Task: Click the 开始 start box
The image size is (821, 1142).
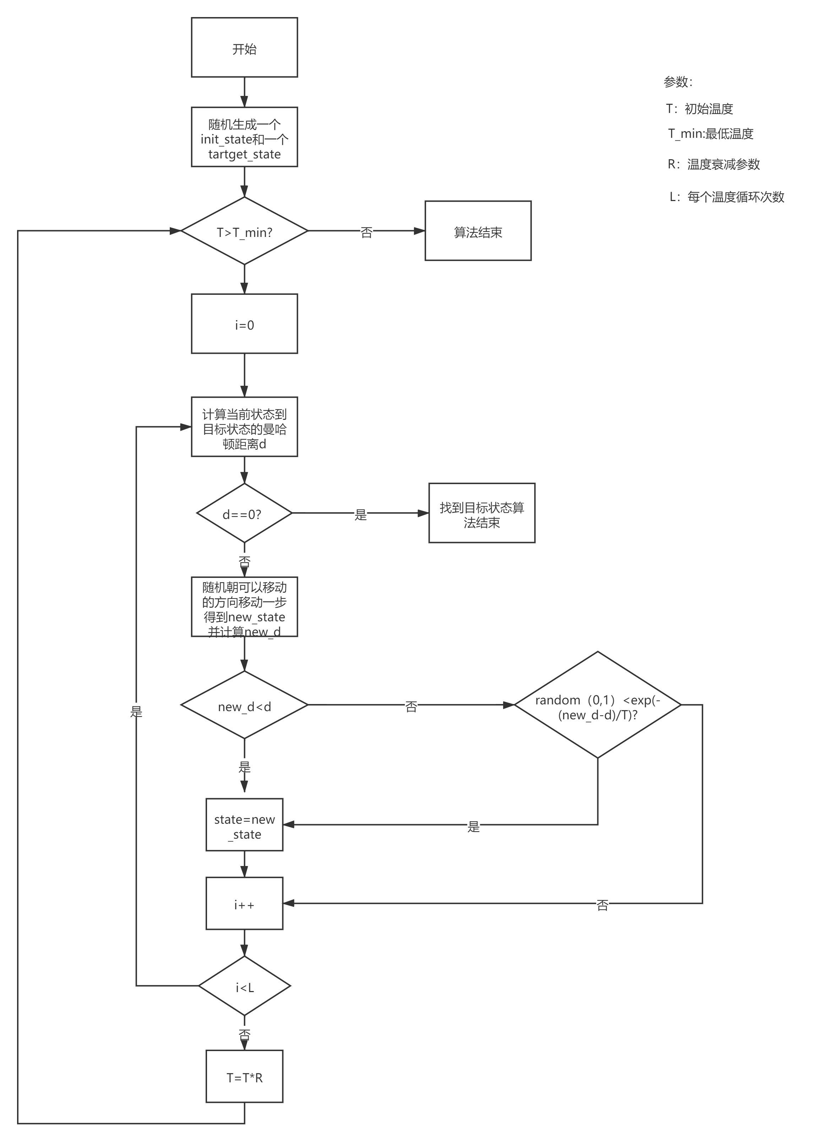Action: point(244,48)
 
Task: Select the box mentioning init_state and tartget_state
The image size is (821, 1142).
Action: point(244,137)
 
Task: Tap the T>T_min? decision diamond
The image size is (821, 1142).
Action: point(244,231)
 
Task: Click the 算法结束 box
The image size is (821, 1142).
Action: point(478,231)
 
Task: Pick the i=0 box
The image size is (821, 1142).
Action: point(244,324)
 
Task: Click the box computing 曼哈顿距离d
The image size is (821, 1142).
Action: point(244,427)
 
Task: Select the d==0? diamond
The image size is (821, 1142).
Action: point(244,514)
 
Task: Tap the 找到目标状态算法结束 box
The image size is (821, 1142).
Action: point(482,514)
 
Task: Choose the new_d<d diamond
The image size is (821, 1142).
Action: point(244,705)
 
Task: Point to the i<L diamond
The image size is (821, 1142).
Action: point(245,986)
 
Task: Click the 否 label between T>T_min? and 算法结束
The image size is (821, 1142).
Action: point(366,232)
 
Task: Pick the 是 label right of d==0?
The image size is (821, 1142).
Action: point(360,514)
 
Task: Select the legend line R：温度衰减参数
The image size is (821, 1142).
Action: point(713,164)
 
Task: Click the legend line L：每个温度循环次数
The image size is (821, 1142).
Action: point(727,197)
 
